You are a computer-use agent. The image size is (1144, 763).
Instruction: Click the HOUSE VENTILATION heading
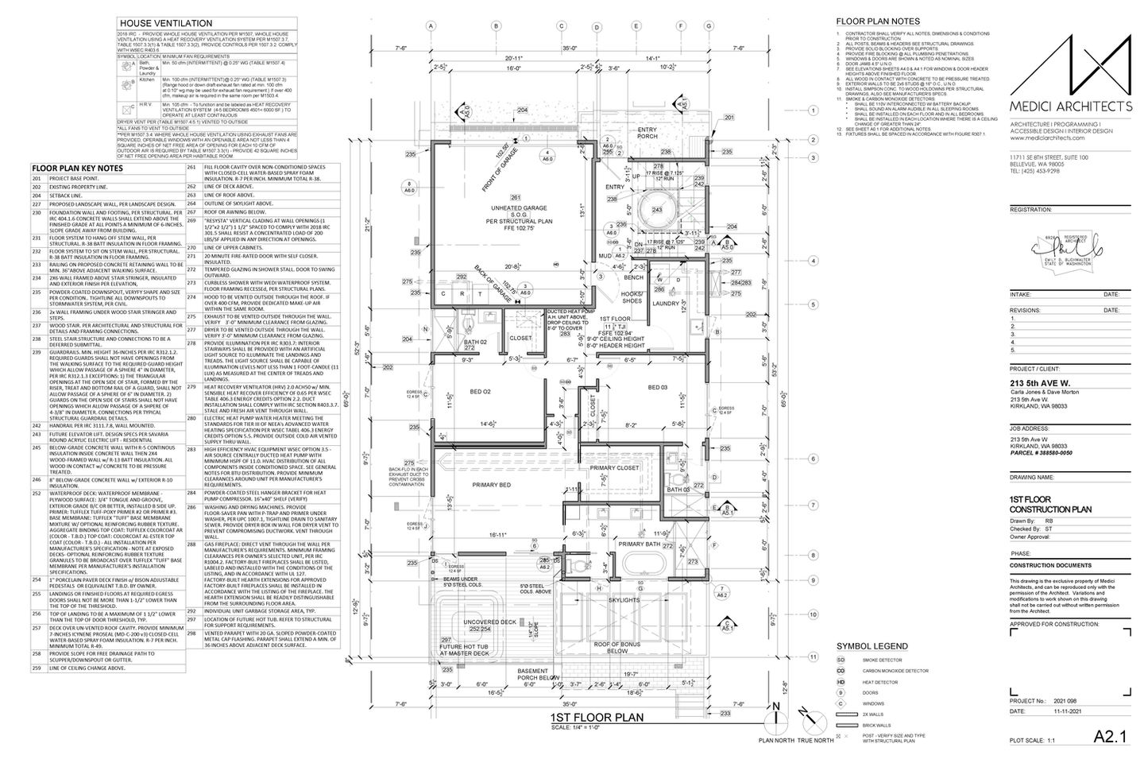pos(164,24)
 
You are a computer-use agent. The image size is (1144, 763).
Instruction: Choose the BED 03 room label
pos(659,387)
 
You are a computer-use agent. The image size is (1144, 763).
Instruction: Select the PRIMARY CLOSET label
pos(615,468)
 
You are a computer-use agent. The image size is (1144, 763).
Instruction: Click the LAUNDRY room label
pos(666,304)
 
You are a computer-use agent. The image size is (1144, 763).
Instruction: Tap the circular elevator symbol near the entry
pos(657,211)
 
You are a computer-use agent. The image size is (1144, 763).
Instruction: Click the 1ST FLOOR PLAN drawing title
pos(596,718)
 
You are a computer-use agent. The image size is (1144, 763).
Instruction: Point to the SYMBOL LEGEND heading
pos(872,646)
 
